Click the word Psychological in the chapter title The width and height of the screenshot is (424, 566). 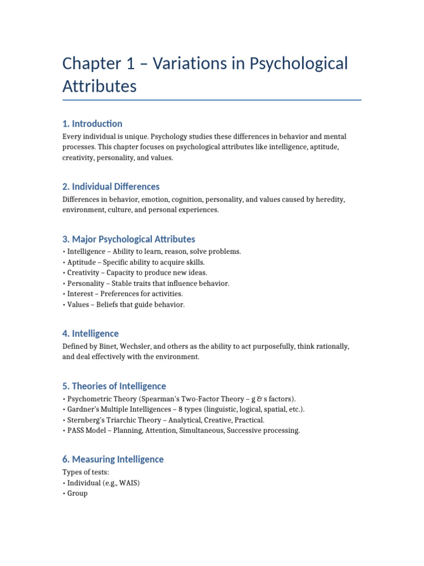coord(299,64)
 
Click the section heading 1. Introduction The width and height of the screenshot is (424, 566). coord(92,123)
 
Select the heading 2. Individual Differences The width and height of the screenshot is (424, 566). coord(111,186)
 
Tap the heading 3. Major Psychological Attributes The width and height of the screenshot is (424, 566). coord(129,239)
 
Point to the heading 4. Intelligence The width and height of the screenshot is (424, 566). coord(91,333)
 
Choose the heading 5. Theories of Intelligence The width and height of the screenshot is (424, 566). coord(114,386)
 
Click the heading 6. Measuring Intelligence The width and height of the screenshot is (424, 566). coord(113,459)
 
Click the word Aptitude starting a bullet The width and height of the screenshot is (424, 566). coord(80,262)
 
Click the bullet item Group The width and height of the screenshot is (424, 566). coord(77,493)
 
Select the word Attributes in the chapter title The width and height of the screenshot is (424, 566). coord(99,87)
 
